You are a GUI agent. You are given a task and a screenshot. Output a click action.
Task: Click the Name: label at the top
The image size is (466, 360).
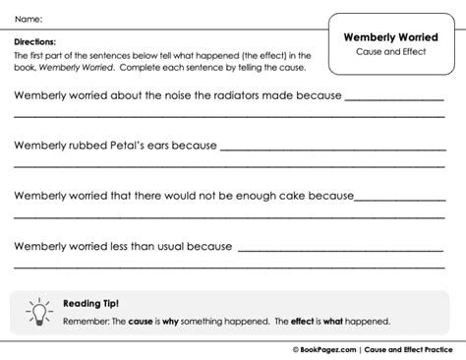click(29, 19)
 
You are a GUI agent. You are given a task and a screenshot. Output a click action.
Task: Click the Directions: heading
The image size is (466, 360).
click(33, 43)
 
